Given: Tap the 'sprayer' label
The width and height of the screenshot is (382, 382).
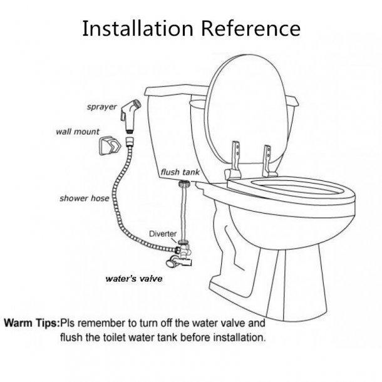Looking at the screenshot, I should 101,107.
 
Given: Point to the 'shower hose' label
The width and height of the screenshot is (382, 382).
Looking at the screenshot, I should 84,199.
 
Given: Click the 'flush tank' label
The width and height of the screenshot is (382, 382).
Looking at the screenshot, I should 179,170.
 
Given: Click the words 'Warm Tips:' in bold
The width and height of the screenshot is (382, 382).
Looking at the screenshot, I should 31,324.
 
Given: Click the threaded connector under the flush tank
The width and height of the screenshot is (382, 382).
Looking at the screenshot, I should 185,185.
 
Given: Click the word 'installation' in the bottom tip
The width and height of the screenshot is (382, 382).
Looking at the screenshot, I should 234,338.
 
